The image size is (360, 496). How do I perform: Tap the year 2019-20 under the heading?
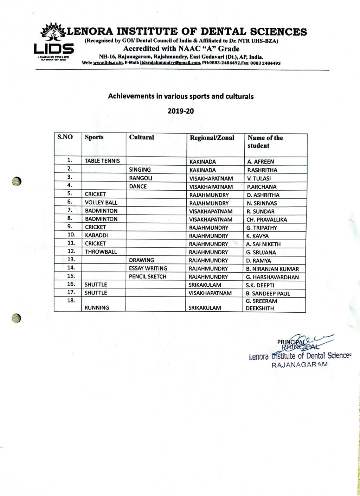tap(181, 111)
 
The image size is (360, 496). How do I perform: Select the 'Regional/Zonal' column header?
tap(212, 138)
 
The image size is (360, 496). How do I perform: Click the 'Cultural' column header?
tap(141, 138)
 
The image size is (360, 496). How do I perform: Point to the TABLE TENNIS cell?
tap(102, 161)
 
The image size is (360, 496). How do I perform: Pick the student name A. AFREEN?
tap(261, 162)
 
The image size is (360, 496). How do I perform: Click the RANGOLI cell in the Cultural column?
tap(141, 178)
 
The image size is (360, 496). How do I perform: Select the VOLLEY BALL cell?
tap(101, 203)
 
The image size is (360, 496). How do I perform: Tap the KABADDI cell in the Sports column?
tap(96, 236)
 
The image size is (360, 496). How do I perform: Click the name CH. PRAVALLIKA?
tap(266, 220)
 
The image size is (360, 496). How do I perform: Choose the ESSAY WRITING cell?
tap(148, 268)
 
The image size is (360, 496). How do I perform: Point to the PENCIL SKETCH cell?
tap(148, 277)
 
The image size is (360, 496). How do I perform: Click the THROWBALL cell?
tap(101, 252)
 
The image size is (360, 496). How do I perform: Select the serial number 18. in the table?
tap(71, 301)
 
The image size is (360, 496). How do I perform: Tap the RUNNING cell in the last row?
tap(97, 308)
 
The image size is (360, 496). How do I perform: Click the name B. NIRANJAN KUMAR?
tap(272, 269)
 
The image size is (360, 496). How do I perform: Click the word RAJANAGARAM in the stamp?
tap(300, 365)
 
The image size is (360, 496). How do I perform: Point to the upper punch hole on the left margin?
tap(17, 181)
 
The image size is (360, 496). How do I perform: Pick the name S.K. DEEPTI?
tap(260, 285)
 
